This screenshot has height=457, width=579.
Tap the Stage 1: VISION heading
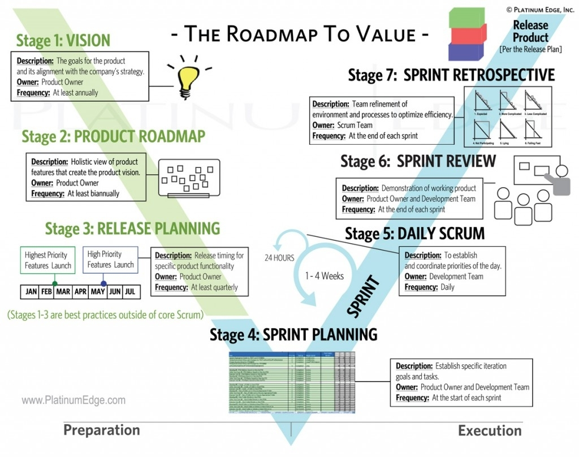tap(63, 41)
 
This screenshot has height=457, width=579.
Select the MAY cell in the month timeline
tap(98, 292)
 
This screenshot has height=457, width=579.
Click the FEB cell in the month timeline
tap(47, 292)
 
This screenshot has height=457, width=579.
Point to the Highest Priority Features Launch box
tap(48, 260)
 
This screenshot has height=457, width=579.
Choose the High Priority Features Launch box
tap(111, 260)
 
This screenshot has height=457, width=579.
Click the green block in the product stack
tap(466, 17)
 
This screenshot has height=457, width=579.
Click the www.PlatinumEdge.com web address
tap(74, 400)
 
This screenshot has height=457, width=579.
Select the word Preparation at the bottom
tap(102, 430)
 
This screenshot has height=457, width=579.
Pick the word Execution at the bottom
tap(490, 431)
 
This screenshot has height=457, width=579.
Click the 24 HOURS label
tap(279, 258)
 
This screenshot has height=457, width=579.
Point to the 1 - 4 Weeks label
tap(324, 277)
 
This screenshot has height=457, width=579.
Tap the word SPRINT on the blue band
tap(361, 295)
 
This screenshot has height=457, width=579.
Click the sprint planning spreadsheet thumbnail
tap(291, 382)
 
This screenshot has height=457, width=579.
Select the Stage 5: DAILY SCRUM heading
tap(414, 234)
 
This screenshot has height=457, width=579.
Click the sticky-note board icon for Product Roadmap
tap(188, 178)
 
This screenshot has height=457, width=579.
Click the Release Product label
tap(530, 32)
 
